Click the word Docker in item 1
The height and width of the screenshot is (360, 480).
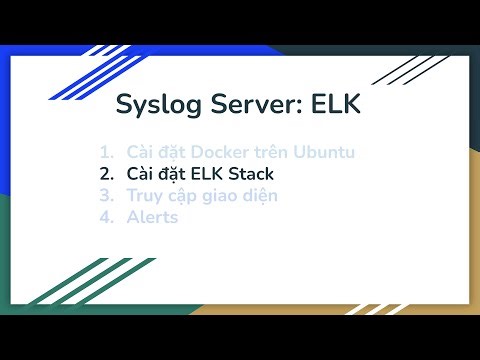[226, 152]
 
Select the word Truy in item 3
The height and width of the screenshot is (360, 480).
[143, 194]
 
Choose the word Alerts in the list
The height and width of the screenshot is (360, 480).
[152, 215]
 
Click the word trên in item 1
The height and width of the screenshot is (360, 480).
[275, 152]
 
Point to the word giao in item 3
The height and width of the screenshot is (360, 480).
[217, 194]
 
